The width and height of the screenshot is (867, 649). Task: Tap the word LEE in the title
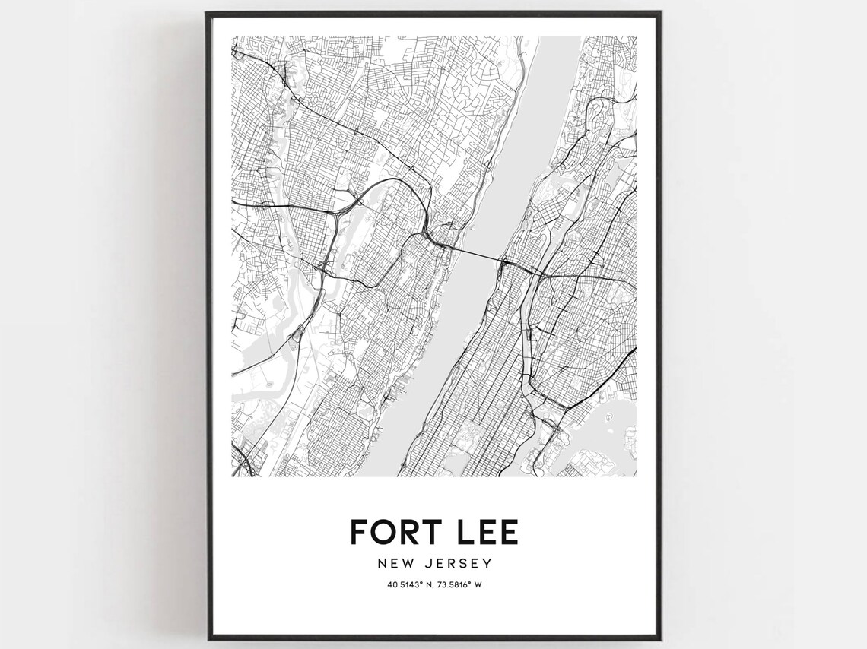tap(486, 531)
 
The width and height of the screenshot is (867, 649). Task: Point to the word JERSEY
tap(458, 563)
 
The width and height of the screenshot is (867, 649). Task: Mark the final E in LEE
tap(510, 531)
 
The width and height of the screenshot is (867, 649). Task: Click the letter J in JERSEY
tap(427, 563)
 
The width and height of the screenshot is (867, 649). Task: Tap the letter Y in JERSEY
tap(488, 563)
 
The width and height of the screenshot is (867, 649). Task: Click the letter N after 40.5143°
tap(427, 584)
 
